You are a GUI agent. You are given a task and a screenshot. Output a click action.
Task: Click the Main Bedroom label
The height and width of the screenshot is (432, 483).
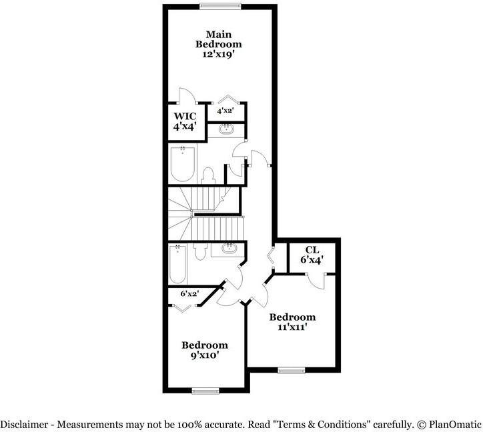pyautogui.click(x=218, y=39)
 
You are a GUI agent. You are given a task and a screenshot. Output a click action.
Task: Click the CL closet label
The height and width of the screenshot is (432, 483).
pyautogui.click(x=312, y=250)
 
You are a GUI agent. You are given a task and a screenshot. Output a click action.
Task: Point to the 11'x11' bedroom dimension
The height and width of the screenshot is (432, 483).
pyautogui.click(x=292, y=327)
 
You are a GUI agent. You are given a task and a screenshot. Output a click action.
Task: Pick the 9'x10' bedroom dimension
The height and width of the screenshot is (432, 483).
pyautogui.click(x=205, y=355)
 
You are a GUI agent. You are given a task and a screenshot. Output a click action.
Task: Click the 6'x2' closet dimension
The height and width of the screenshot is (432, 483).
pyautogui.click(x=189, y=293)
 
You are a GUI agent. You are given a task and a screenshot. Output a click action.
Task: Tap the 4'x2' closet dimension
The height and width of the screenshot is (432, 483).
pyautogui.click(x=225, y=111)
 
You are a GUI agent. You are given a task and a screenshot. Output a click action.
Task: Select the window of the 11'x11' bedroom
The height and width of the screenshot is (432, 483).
pyautogui.click(x=291, y=370)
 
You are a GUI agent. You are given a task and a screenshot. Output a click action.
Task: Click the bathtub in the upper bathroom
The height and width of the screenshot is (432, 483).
pyautogui.click(x=182, y=165)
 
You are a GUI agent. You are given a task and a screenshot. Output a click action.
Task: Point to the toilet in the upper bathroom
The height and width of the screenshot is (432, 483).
pyautogui.click(x=207, y=175)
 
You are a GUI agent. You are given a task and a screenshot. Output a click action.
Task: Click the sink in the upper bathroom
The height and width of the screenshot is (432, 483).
pyautogui.click(x=227, y=128)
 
